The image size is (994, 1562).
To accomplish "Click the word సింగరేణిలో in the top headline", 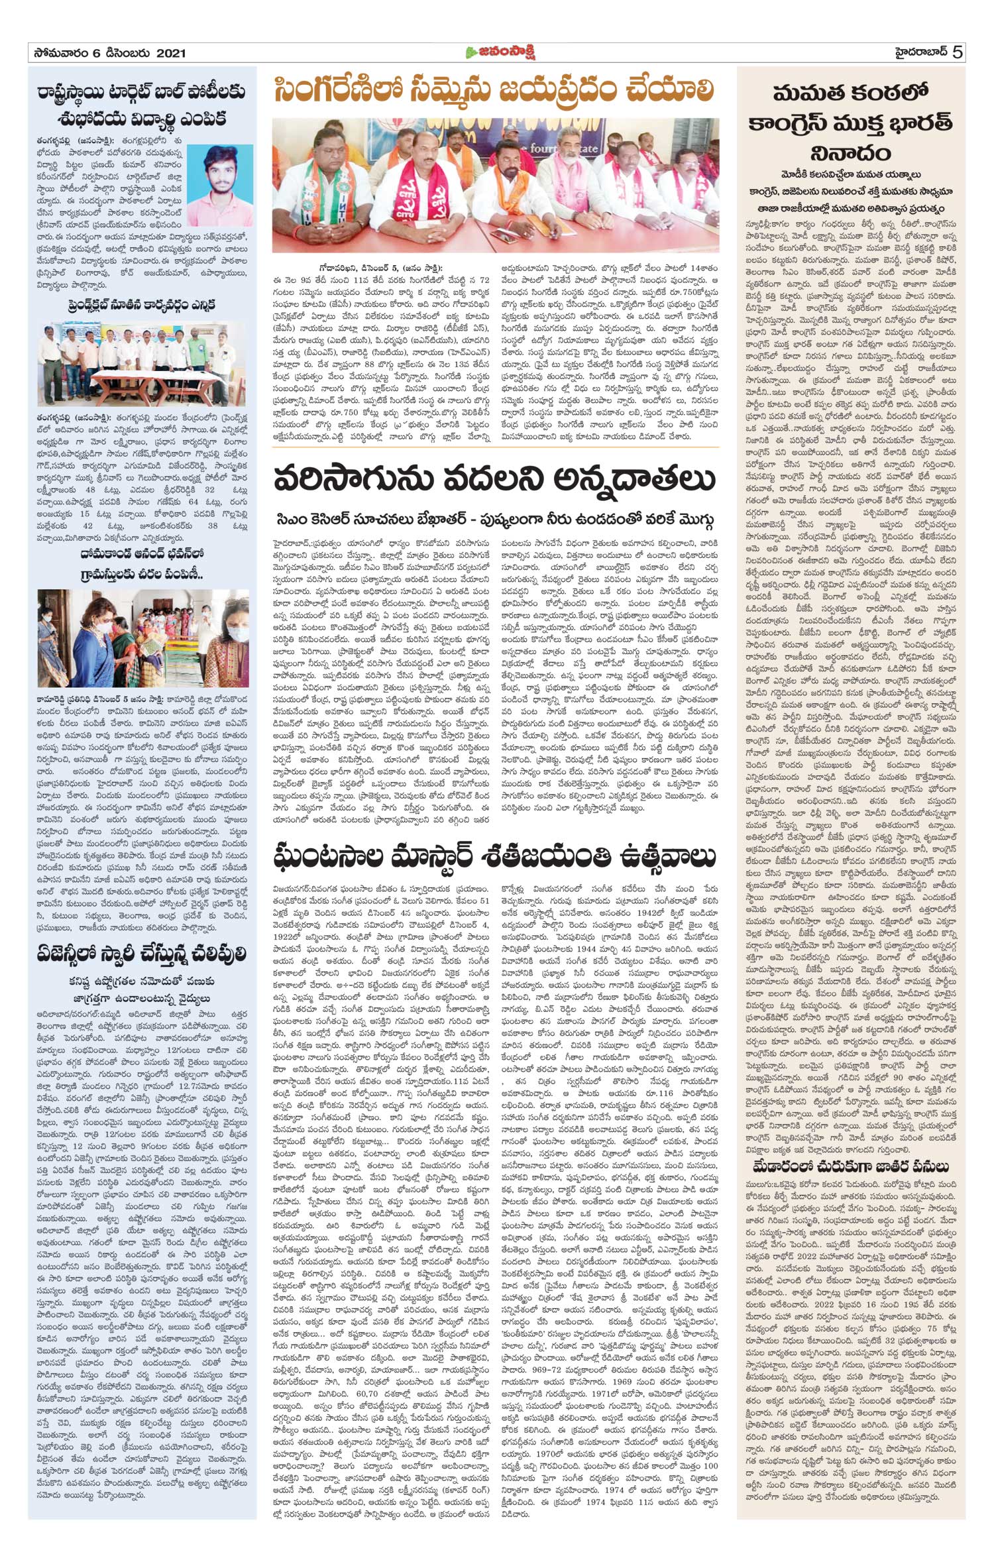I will pos(340,93).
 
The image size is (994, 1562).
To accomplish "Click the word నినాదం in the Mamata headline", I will pos(850,154).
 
